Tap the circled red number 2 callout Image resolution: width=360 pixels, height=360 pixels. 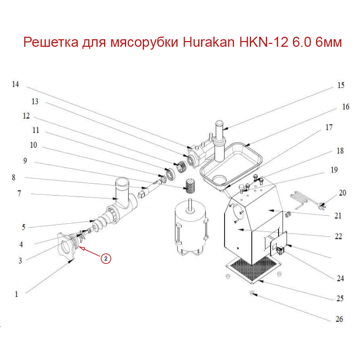point(105,258)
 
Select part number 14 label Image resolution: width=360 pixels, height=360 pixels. point(15,85)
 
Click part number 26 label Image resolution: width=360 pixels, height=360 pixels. point(339,319)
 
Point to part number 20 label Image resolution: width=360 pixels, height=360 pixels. point(342,193)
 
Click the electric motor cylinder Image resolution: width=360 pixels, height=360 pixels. point(189,225)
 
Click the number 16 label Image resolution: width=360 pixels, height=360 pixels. point(346,107)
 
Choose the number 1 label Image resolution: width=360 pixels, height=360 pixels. point(16,294)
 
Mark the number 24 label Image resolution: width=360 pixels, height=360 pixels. point(340,278)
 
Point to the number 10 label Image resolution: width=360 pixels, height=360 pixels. point(33,145)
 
